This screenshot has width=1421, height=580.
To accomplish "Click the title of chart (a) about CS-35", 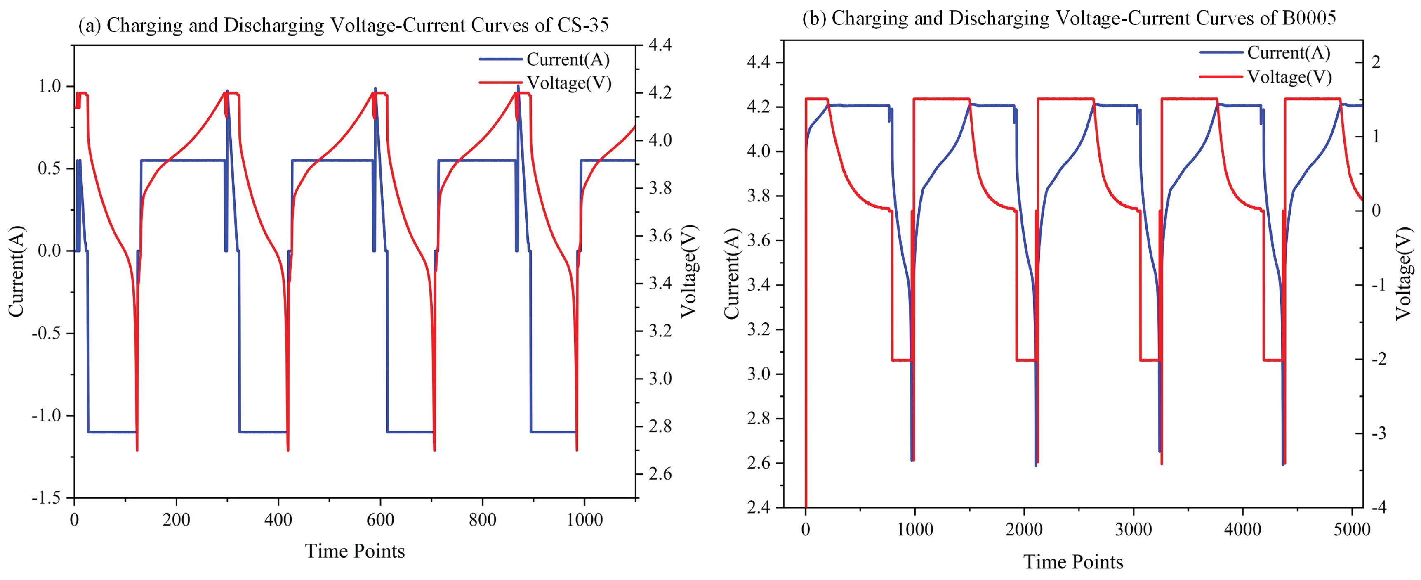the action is [x=343, y=25].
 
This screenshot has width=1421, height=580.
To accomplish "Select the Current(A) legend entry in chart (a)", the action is [x=544, y=59].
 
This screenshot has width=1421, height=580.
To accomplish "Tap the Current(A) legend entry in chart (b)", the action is [x=1265, y=52].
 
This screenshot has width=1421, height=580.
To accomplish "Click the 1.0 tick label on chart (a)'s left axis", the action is [x=49, y=87].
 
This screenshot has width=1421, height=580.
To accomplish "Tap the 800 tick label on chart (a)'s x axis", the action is [x=482, y=520].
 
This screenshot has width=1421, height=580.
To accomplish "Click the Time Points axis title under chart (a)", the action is [x=355, y=551].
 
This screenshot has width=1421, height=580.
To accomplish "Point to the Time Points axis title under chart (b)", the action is [x=1073, y=562].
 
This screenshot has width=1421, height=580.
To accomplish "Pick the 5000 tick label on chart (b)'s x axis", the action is [x=1351, y=530].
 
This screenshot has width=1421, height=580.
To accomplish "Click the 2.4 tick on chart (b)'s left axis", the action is [x=759, y=507].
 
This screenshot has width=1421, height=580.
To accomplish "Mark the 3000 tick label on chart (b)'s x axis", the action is [x=1133, y=530].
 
